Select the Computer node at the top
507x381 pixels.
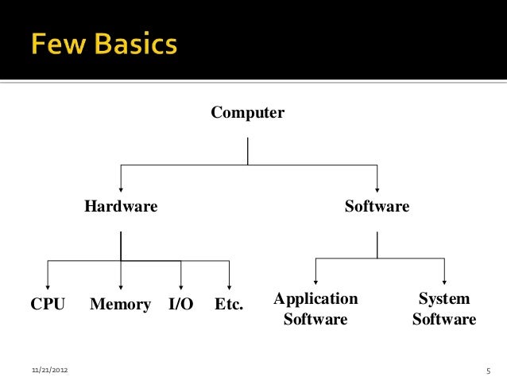tap(247, 113)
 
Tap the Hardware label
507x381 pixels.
tap(122, 207)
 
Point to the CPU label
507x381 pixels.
tap(48, 304)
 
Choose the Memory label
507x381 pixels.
tap(120, 304)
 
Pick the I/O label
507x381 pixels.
tap(181, 304)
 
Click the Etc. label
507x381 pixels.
tap(229, 304)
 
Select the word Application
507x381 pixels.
tap(315, 299)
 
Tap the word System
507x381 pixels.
tap(444, 299)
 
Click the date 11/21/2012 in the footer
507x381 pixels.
tap(49, 371)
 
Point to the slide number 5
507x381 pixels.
tap(489, 371)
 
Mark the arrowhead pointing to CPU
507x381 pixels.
tap(48, 286)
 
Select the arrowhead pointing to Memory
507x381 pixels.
tap(121, 286)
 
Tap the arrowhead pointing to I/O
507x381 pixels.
tap(181, 286)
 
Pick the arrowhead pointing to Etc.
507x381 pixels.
tap(229, 286)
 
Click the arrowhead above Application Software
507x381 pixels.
tap(316, 281)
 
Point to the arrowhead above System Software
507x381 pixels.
tap(444, 281)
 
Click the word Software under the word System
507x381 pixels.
tap(444, 320)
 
